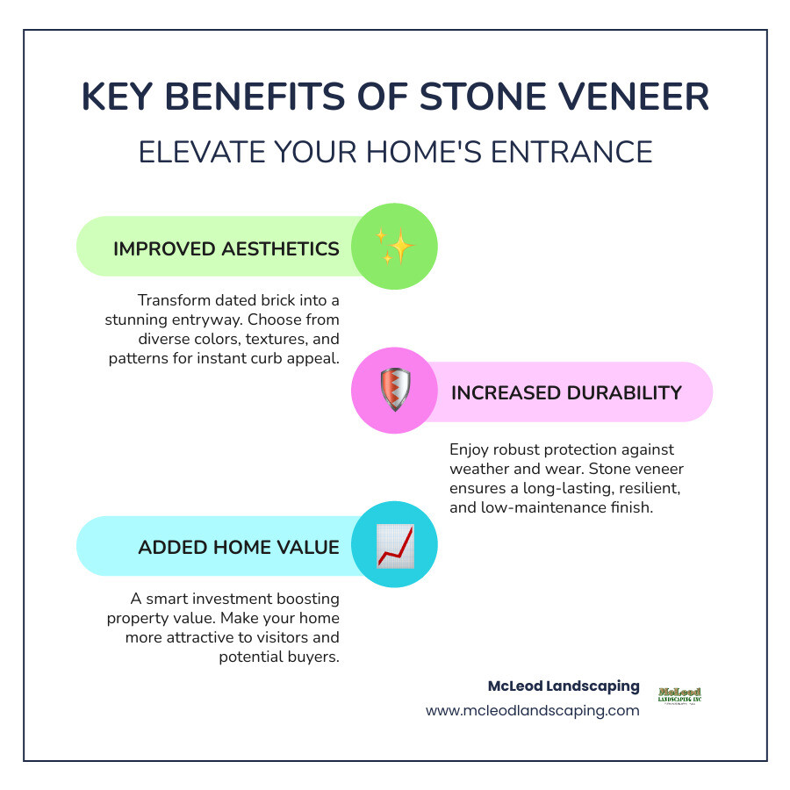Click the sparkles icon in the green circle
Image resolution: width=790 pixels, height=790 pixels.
pos(394,247)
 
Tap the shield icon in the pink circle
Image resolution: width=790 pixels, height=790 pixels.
pos(394,391)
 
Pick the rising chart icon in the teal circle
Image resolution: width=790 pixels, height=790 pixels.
pos(394,546)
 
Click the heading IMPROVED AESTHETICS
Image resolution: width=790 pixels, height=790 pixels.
pos(226,248)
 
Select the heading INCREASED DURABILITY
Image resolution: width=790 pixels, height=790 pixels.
pos(566,392)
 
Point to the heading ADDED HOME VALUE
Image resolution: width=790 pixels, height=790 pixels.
pos(238,547)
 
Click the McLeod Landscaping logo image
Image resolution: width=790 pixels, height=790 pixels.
pos(679,695)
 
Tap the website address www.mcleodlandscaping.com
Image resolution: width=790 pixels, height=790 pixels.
pos(533,710)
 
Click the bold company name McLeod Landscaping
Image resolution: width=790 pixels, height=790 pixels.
pos(564,686)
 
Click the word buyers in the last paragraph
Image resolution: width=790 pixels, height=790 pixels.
pos(314,657)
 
